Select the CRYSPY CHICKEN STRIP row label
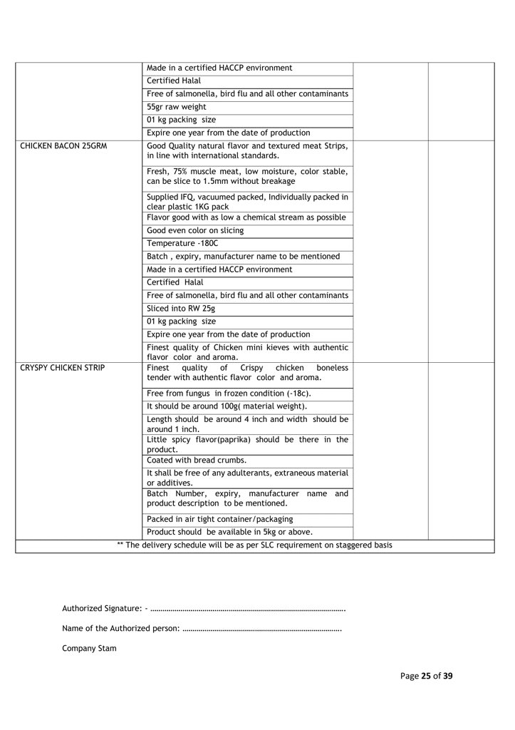click(x=63, y=368)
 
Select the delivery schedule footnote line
click(x=254, y=545)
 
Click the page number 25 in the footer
click(x=427, y=676)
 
